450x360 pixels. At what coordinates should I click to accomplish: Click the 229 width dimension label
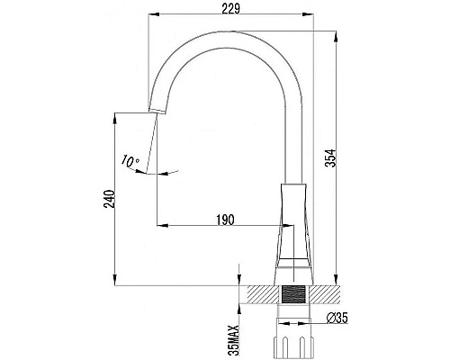(230, 9)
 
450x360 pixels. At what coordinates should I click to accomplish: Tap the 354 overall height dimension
(332, 157)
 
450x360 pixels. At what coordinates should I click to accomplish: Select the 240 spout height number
(109, 199)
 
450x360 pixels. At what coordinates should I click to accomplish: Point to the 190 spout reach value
(225, 220)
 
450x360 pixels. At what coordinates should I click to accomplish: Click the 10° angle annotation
(130, 161)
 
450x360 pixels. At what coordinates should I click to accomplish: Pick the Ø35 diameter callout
(337, 318)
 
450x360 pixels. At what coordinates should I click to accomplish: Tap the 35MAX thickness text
(233, 340)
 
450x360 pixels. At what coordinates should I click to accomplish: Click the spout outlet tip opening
(157, 112)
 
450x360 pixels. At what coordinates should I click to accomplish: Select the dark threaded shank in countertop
(293, 294)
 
